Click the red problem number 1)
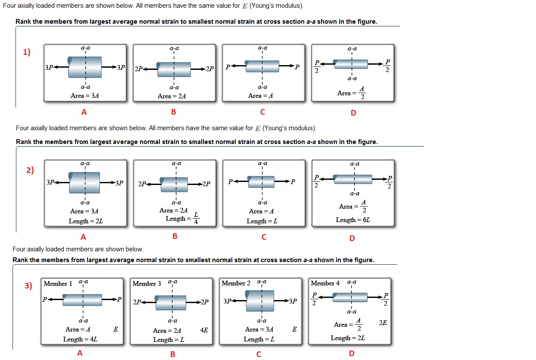click(27, 52)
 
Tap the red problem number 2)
click(30, 170)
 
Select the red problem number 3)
click(28, 285)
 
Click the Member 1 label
click(58, 284)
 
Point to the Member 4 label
click(325, 283)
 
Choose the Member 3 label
click(147, 284)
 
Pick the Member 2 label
click(236, 283)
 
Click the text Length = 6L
click(353, 220)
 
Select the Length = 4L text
click(80, 339)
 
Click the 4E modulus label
click(204, 330)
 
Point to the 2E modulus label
click(383, 322)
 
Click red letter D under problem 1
click(353, 113)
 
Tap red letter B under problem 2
click(175, 236)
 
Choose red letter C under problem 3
click(259, 354)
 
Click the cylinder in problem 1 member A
click(85, 67)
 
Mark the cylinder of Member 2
click(262, 301)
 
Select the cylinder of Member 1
click(82, 300)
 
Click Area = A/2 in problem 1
click(352, 93)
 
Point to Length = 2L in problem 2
click(86, 221)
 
